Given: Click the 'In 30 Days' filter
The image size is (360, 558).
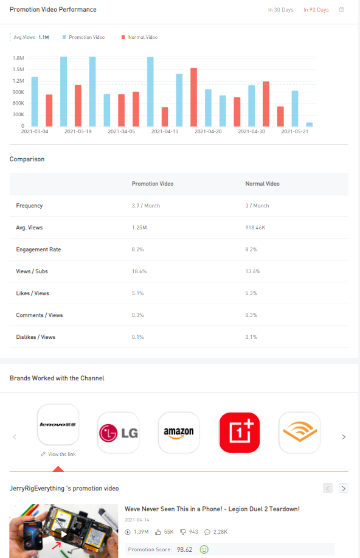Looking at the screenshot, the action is click(x=281, y=10).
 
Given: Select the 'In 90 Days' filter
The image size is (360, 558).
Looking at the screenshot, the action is click(x=316, y=10).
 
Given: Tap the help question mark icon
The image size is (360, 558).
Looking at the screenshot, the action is click(x=342, y=10).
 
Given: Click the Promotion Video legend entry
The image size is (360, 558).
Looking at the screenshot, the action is click(x=83, y=37).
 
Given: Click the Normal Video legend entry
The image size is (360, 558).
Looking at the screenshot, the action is click(x=139, y=37).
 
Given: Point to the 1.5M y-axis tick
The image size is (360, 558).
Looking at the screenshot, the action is click(x=18, y=69).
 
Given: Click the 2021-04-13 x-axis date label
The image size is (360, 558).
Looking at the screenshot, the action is click(x=165, y=131).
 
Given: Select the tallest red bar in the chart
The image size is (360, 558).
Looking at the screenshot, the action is click(x=193, y=97).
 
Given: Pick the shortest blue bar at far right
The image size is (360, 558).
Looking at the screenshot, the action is click(x=310, y=124).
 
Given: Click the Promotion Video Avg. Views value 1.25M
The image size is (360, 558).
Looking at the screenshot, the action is click(x=139, y=228).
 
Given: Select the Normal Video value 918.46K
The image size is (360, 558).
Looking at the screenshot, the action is click(x=255, y=228).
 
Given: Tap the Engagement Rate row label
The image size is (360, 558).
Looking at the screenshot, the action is click(x=38, y=249).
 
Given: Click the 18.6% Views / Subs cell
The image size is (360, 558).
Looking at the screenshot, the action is click(x=139, y=271).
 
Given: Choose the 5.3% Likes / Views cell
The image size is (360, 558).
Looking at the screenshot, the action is click(x=251, y=293).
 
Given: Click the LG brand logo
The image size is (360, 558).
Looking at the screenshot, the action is click(x=119, y=433).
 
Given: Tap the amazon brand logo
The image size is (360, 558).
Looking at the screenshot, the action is click(x=179, y=433).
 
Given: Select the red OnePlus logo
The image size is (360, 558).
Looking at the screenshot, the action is click(x=240, y=433).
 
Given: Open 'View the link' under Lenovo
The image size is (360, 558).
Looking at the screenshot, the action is click(x=58, y=454).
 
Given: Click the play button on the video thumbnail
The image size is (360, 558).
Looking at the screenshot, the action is click(x=64, y=534).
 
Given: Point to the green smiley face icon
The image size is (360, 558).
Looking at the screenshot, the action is click(x=204, y=549).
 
